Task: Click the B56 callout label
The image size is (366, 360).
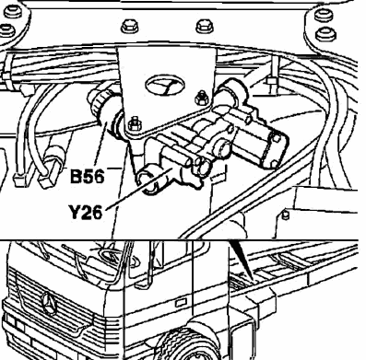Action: (88, 177)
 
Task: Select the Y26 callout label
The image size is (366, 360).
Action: (85, 212)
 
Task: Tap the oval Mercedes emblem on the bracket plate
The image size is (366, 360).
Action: (164, 85)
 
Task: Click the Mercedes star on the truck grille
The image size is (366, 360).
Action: (49, 304)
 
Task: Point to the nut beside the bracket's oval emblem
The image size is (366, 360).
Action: (200, 98)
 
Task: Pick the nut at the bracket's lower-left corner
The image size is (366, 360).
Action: (134, 123)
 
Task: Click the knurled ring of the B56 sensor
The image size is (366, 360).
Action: (100, 104)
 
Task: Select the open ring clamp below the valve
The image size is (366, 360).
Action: (149, 181)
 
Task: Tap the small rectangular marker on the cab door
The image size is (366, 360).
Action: (179, 303)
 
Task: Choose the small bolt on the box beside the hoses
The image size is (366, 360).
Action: (285, 215)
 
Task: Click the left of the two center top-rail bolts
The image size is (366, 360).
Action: (130, 27)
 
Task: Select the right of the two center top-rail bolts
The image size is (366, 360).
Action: (204, 27)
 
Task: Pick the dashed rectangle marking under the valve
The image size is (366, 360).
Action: (218, 176)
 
